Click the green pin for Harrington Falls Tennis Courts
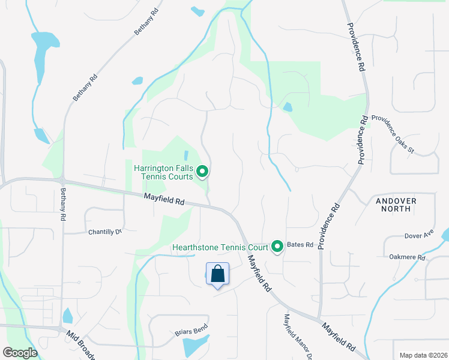(x=202, y=172)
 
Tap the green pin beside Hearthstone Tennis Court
(x=277, y=247)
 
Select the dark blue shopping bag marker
(x=217, y=274)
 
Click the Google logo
(x=20, y=353)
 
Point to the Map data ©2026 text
(x=423, y=355)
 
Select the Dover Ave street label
(x=419, y=235)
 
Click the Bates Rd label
(x=301, y=245)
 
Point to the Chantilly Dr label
(x=105, y=232)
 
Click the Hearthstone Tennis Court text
(x=220, y=247)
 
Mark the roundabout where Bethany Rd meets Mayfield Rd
(x=62, y=179)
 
